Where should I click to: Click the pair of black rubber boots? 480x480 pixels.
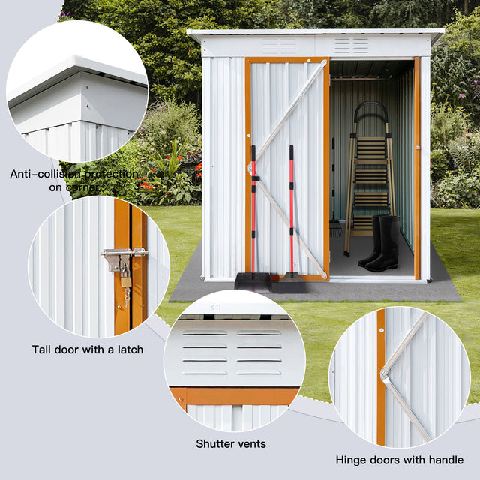(x=381, y=244)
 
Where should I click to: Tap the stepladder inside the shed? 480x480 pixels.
(x=368, y=176)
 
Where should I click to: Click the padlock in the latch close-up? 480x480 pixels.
(x=125, y=280)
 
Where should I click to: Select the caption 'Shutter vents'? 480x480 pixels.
(x=231, y=444)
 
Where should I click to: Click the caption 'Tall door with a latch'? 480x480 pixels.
(x=87, y=349)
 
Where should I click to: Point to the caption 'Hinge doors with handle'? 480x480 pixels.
(x=399, y=460)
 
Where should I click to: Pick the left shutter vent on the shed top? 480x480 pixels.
(x=278, y=46)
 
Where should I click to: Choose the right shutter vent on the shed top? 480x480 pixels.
(x=350, y=46)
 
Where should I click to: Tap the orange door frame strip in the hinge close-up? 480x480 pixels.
(x=381, y=375)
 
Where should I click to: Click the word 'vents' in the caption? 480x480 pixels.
(x=249, y=444)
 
